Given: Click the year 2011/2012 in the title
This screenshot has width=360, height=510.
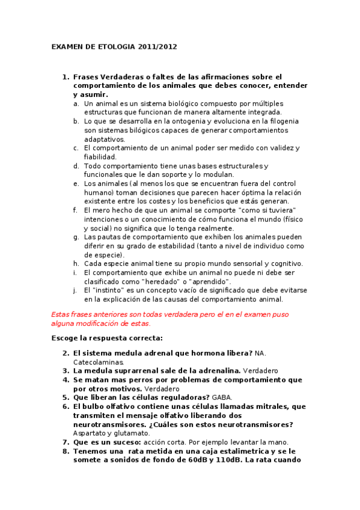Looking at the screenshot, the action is pyautogui.click(x=157, y=46).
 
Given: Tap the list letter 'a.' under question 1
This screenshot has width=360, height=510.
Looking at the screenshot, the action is pyautogui.click(x=76, y=103).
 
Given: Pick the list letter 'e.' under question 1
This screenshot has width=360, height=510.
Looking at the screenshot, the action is pyautogui.click(x=76, y=183).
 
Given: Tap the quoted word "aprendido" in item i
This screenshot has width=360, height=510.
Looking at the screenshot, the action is pyautogui.click(x=211, y=281).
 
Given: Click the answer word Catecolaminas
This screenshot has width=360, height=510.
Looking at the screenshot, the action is pyautogui.click(x=99, y=362).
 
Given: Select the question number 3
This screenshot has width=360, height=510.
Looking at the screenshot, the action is pyautogui.click(x=65, y=371).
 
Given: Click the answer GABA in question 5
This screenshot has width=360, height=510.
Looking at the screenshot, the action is pyautogui.click(x=221, y=398).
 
